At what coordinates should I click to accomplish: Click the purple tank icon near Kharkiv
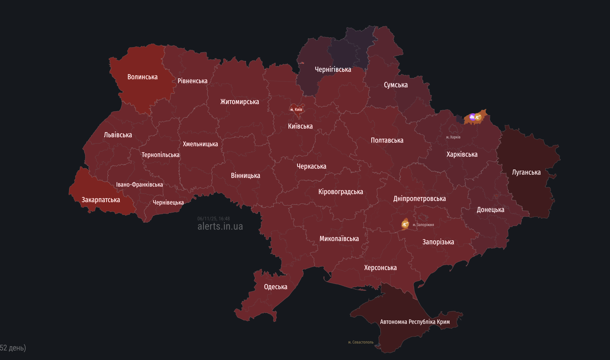(472, 117)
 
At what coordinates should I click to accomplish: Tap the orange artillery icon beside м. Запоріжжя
(405, 224)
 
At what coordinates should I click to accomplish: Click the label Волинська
(142, 77)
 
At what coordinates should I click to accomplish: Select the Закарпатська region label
(101, 200)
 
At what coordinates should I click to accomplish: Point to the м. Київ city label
(296, 109)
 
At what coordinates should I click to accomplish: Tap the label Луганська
(526, 173)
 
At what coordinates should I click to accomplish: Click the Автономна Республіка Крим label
(415, 322)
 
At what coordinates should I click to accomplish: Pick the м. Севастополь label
(361, 342)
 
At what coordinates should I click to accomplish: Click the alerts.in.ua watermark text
(220, 227)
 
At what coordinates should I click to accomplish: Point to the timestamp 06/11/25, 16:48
(213, 219)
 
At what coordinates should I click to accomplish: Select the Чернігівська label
(333, 70)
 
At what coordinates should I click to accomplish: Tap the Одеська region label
(275, 287)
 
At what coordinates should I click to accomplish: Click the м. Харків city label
(453, 137)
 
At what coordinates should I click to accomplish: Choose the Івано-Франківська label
(139, 185)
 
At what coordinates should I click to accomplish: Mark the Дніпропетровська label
(419, 199)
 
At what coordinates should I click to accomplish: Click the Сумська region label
(396, 85)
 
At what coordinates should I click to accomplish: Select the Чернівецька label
(168, 203)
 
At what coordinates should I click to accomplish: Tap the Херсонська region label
(380, 268)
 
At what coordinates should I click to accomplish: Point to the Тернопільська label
(160, 155)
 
